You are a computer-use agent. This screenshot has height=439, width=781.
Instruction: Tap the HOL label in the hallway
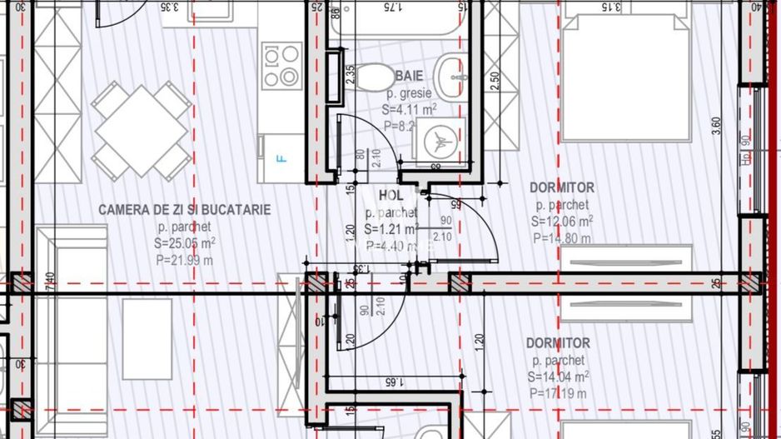tap(390, 195)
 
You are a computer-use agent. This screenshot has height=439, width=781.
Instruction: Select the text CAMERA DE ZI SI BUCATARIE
tap(184, 209)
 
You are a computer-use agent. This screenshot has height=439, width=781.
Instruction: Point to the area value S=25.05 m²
tap(185, 242)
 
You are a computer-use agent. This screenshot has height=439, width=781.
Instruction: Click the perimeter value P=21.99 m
tap(184, 259)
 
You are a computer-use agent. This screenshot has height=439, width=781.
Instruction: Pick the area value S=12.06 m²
tap(562, 222)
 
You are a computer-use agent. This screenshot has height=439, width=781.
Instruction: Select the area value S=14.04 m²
tap(558, 377)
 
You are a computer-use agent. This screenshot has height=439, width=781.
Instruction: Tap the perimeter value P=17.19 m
tap(558, 393)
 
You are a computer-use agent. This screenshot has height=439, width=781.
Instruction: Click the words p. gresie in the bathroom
tap(409, 92)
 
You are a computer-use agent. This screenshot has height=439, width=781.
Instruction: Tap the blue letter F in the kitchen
tap(281, 157)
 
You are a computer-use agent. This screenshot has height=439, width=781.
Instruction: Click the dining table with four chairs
tap(141, 130)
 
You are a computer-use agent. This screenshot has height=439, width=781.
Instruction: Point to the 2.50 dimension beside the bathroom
tap(495, 82)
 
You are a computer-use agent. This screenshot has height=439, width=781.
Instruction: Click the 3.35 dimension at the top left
tap(171, 7)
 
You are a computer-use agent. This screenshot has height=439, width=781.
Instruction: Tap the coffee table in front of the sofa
tap(147, 339)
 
